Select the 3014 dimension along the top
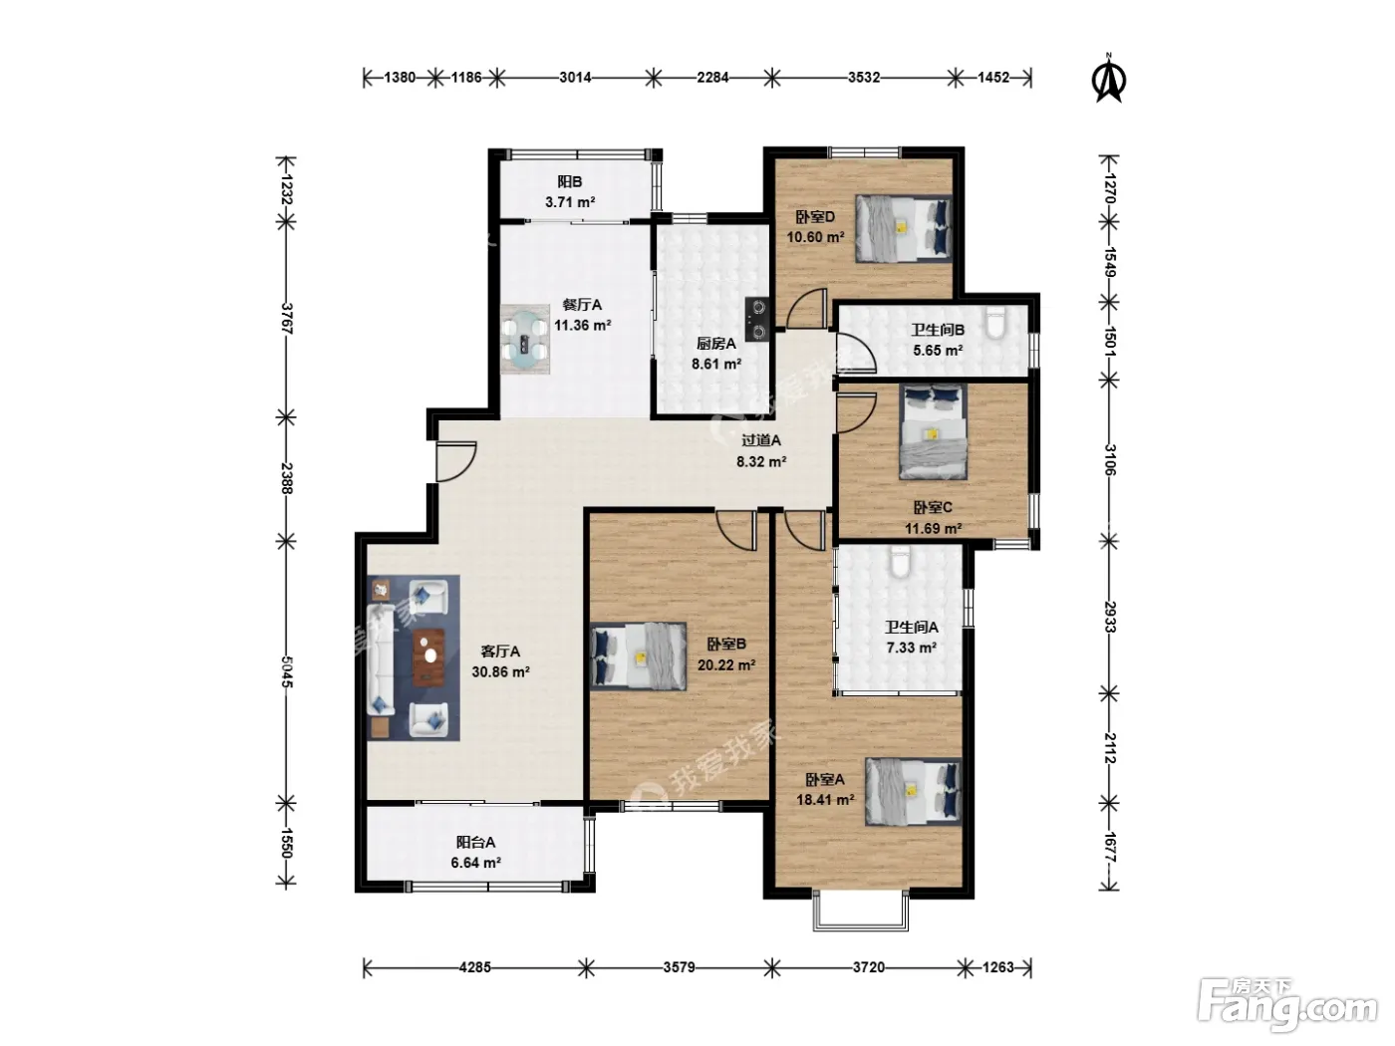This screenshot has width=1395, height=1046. [575, 78]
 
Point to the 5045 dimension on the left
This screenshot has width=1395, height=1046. [287, 671]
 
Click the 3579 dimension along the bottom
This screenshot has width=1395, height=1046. [679, 967]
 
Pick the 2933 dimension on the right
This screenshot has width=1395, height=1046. [1110, 617]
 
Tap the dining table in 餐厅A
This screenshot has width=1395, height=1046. [525, 339]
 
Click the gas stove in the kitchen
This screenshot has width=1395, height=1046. [758, 320]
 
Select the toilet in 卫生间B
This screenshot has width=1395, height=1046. [995, 322]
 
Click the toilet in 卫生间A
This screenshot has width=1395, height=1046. [900, 562]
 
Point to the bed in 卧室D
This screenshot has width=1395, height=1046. [903, 228]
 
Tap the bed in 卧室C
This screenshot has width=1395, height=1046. [933, 432]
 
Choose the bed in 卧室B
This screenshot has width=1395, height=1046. [638, 656]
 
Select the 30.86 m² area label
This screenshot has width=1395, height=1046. [501, 671]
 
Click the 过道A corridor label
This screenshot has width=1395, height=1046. [760, 440]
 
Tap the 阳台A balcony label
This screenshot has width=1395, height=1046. [475, 842]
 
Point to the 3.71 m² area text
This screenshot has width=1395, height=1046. [570, 202]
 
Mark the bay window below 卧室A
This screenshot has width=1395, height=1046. [861, 911]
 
